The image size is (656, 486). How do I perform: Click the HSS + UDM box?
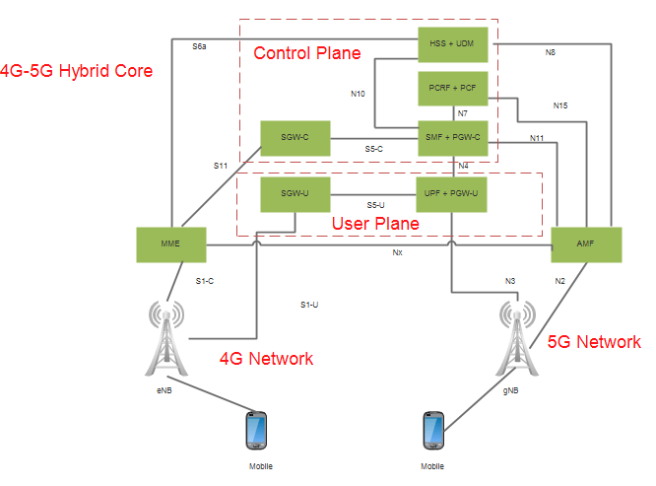[452, 44]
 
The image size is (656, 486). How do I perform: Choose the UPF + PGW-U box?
[452, 194]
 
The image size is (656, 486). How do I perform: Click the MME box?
[171, 243]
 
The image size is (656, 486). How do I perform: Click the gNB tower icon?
[516, 339]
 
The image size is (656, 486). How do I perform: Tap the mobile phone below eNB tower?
[258, 432]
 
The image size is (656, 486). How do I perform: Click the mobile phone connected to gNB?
[431, 432]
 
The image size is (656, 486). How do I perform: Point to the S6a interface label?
[199, 45]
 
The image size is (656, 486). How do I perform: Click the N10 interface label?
[358, 95]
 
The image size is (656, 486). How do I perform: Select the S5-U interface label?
[375, 205]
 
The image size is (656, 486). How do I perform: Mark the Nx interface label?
[397, 252]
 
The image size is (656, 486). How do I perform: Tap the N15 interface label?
[560, 105]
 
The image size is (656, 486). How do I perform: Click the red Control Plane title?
[307, 53]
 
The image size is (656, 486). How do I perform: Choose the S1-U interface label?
[309, 305]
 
